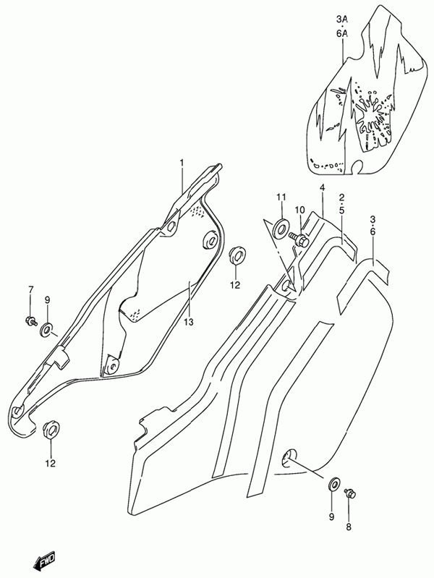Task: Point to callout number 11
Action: [x=281, y=197]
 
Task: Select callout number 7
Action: [x=30, y=290]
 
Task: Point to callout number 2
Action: [x=341, y=197]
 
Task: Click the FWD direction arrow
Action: [x=41, y=557]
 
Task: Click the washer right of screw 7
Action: [x=47, y=331]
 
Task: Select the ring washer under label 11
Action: [x=281, y=229]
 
